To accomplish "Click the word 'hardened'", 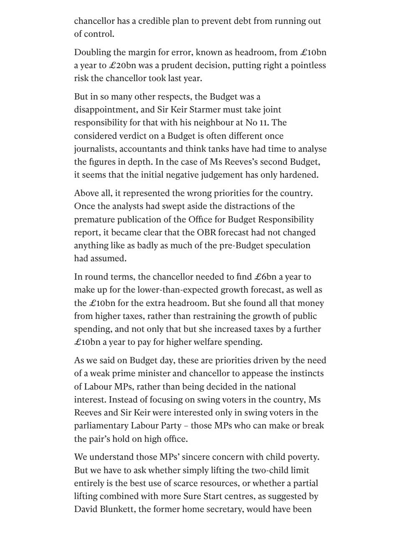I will tap(300, 175).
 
